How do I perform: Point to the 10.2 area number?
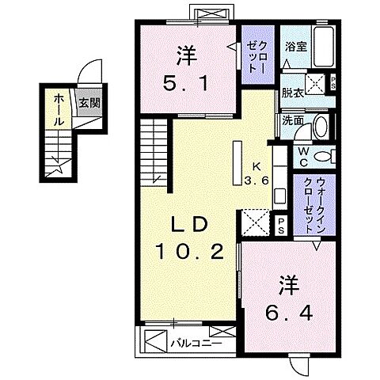pos(188,253)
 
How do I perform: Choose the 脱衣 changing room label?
pos(292,92)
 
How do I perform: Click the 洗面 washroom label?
pos(292,120)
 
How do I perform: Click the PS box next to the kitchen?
pos(281,222)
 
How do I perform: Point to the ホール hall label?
pos(60,111)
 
